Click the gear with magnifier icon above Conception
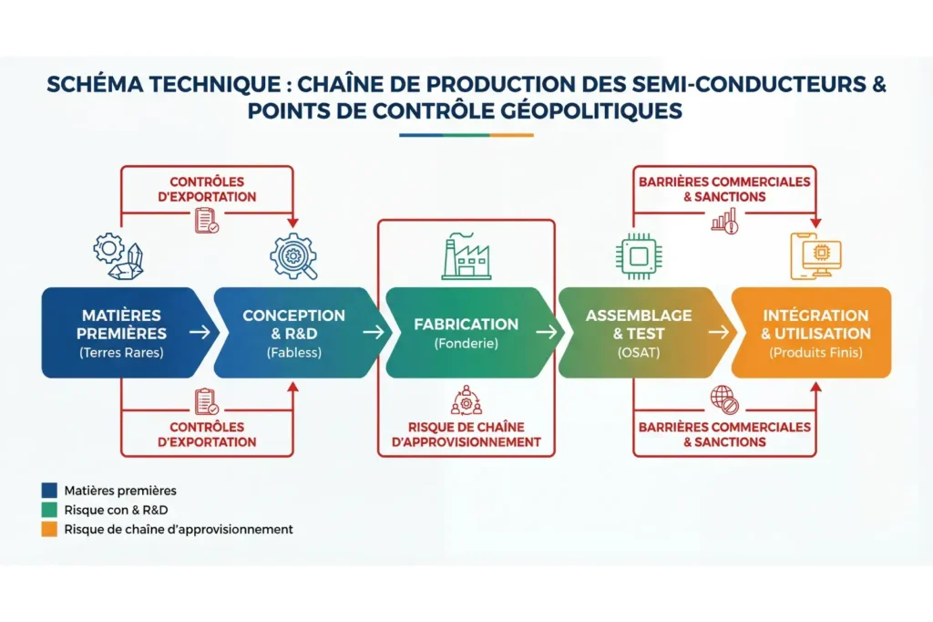[x=293, y=257]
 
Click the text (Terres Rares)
[x=121, y=352]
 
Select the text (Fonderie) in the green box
[x=466, y=344]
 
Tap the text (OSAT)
[x=638, y=352]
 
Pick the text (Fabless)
[x=293, y=352]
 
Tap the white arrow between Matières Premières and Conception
[x=201, y=332]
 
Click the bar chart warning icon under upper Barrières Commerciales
[x=724, y=222]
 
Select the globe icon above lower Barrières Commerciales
[x=724, y=399]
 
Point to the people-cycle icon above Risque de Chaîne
[x=465, y=402]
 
